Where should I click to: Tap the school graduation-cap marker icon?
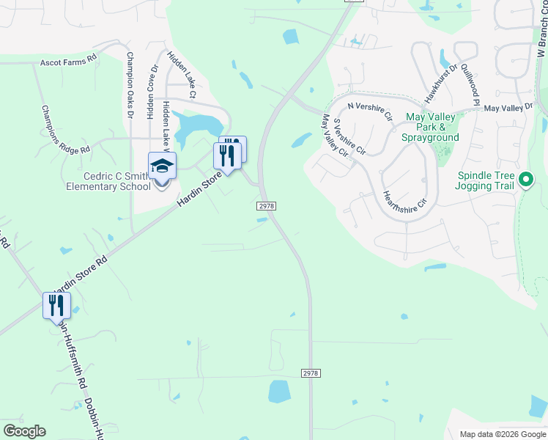(x=162, y=166)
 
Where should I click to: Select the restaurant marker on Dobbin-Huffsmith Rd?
(x=56, y=305)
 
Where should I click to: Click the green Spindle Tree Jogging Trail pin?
(x=525, y=179)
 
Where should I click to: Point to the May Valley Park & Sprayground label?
(x=430, y=127)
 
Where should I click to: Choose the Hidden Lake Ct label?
(x=182, y=74)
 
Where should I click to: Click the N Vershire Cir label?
(x=371, y=111)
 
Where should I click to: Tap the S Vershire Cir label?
(x=349, y=136)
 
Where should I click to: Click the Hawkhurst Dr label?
(x=441, y=82)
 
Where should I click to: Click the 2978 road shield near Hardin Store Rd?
(x=267, y=206)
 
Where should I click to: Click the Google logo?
(x=24, y=431)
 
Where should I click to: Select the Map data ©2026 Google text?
(x=502, y=434)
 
